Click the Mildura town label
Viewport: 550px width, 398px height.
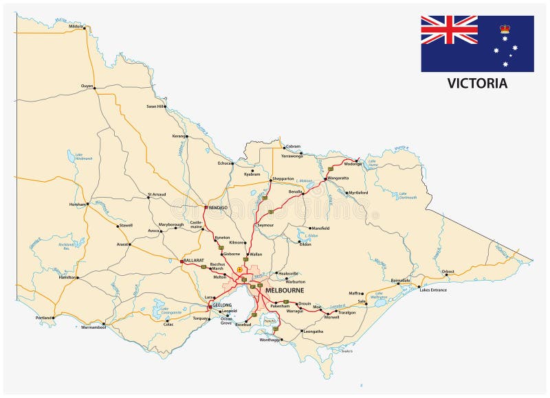pyautogui.click(x=76, y=26)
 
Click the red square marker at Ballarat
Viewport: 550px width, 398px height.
pyautogui.click(x=181, y=261)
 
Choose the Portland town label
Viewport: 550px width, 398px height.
pyautogui.click(x=43, y=318)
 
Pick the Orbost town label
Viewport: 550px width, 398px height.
pyautogui.click(x=448, y=272)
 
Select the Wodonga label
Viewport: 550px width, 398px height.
pyautogui.click(x=352, y=164)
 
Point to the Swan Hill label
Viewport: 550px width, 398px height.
pyautogui.click(x=155, y=106)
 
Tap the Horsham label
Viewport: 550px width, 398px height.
pyautogui.click(x=78, y=204)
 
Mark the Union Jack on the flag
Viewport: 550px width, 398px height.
pyautogui.click(x=449, y=30)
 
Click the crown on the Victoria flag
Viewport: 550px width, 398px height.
pyautogui.click(x=505, y=30)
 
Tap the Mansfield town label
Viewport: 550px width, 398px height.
pyautogui.click(x=320, y=228)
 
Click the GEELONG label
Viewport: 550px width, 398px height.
pyautogui.click(x=222, y=304)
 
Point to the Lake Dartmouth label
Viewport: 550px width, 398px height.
pyautogui.click(x=408, y=196)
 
